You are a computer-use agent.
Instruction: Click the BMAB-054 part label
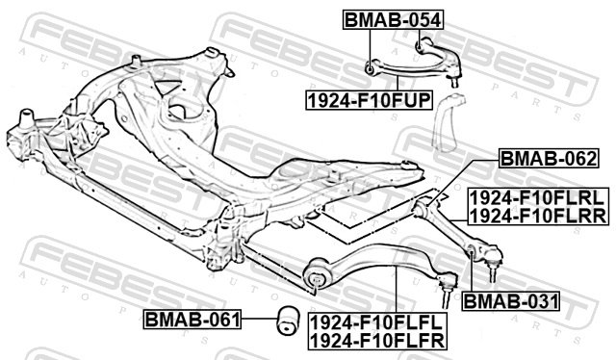pos(394,19)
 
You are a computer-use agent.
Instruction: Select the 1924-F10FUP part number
pos(370,100)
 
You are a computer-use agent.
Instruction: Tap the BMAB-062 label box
pos(549,159)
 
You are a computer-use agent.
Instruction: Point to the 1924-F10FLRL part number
pos(537,198)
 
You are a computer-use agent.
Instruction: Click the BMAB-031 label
pos(511,301)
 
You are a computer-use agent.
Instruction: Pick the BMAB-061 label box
pos(192,320)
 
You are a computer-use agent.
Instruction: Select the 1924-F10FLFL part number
pos(376,322)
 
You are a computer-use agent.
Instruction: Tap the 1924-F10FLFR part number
pos(377,341)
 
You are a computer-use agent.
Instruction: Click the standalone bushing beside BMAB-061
pos(288,321)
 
